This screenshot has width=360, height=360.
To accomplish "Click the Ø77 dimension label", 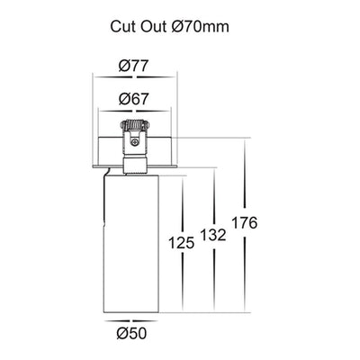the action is click(x=133, y=66).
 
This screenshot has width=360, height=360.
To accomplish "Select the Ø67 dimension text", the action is click(x=133, y=99).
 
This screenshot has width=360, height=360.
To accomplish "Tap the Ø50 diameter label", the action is click(x=132, y=333).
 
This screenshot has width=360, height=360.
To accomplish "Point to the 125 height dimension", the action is click(x=182, y=242).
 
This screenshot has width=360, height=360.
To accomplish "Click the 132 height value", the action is click(x=213, y=235).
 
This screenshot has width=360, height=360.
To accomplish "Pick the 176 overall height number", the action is click(x=245, y=223).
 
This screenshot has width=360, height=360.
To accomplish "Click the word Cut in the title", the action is click(x=121, y=26).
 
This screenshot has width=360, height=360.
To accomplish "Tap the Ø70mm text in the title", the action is click(x=201, y=26).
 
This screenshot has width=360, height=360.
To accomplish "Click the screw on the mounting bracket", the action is click(x=135, y=142).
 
